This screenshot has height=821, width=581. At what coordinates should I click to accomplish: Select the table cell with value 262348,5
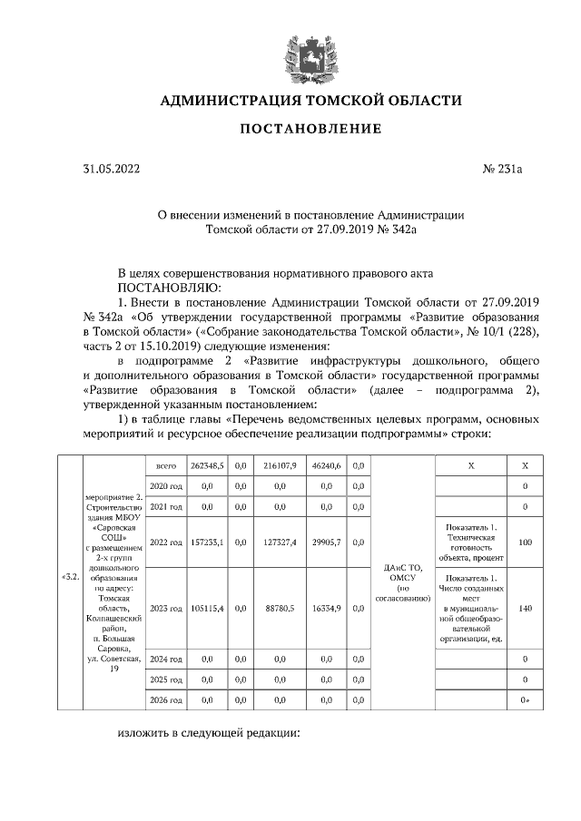207,465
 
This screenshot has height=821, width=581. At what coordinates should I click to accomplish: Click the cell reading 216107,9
281,465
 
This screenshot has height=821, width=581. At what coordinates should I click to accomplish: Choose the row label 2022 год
165,542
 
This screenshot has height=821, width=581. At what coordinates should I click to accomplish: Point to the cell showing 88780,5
281,607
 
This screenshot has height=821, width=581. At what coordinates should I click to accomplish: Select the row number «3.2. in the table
69,575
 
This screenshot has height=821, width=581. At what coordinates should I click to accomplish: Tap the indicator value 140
525,607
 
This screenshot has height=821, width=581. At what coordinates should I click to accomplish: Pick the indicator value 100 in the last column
525,542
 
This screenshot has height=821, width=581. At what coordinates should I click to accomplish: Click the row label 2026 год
165,700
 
